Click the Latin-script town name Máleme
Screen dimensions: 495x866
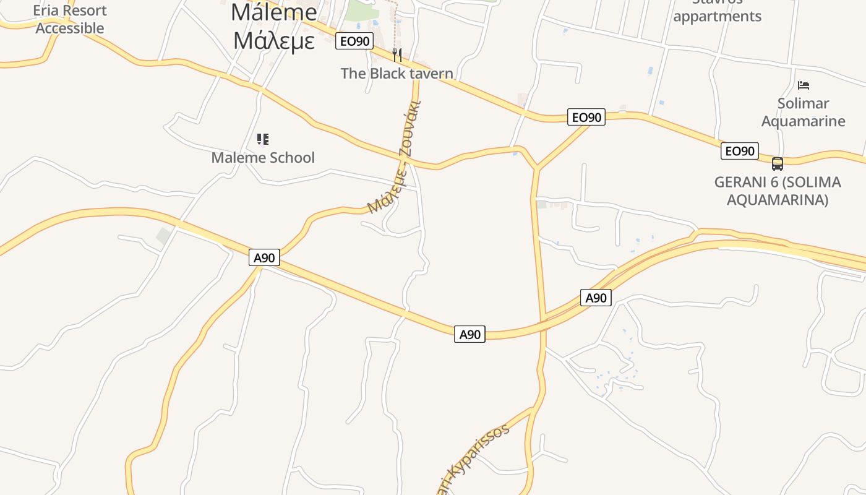(273, 12)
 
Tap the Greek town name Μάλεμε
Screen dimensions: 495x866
(275, 40)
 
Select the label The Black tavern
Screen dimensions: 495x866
(397, 74)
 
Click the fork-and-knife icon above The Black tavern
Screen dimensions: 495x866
(397, 55)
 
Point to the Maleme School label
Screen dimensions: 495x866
(263, 158)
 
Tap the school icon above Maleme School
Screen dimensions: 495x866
(263, 139)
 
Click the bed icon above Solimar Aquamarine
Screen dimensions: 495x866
(803, 85)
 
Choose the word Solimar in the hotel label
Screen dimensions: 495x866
(803, 103)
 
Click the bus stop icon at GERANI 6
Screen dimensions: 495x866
(778, 164)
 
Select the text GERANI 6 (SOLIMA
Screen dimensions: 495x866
(778, 183)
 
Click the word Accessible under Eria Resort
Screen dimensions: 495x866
(70, 28)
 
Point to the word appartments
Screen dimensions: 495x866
(717, 17)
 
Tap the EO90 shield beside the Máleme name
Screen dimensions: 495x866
(354, 41)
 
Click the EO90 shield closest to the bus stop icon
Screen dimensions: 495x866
(739, 151)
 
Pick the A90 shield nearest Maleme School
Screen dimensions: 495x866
(264, 257)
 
